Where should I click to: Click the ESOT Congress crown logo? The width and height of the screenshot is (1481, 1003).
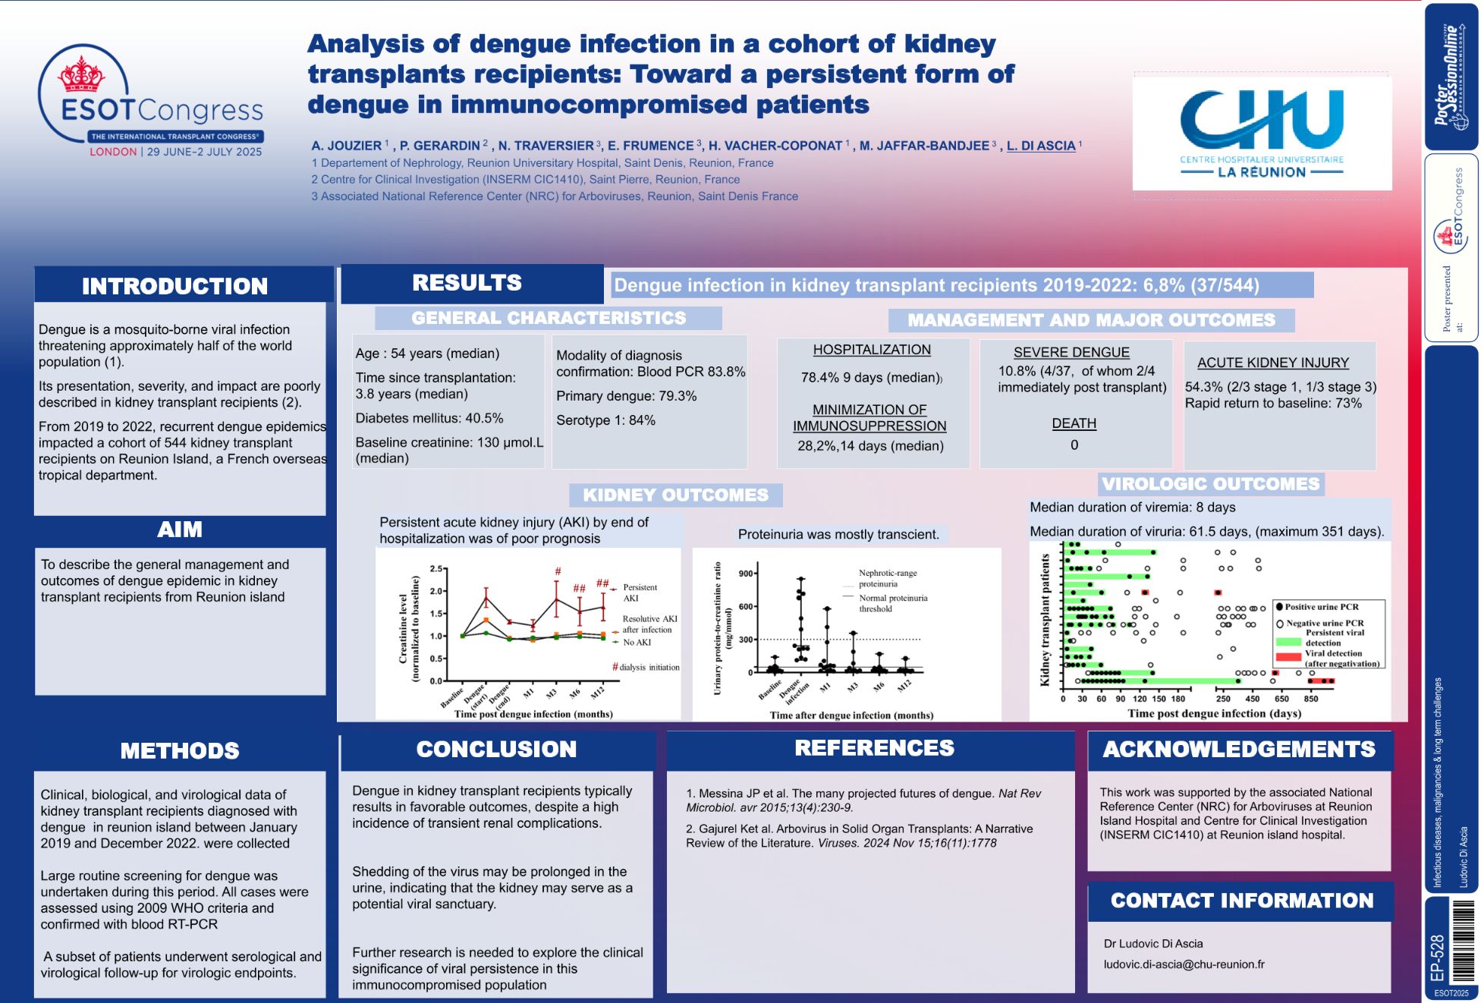82,74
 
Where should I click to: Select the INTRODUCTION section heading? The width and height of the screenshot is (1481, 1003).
175,286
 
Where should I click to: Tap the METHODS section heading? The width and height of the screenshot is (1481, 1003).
180,750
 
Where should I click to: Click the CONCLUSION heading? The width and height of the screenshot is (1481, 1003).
496,749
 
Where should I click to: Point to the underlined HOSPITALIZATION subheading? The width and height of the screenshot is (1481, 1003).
872,350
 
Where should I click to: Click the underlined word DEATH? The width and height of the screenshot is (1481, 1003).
1074,423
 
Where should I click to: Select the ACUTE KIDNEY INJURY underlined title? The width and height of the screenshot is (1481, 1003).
1273,363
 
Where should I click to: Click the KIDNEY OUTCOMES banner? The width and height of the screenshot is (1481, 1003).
675,495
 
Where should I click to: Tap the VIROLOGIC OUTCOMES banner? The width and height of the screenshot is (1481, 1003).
1210,484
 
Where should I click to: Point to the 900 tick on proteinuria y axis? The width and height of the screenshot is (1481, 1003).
746,574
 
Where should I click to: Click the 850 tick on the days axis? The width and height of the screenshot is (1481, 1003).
1311,699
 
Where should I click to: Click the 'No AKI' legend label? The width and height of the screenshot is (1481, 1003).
637,643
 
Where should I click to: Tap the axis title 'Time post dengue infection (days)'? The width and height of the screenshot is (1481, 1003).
1214,713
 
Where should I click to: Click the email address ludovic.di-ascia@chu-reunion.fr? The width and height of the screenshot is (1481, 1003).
1184,964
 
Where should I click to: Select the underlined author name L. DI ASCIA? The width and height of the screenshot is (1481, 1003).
1041,146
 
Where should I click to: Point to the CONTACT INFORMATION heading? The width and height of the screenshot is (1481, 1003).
1242,901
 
